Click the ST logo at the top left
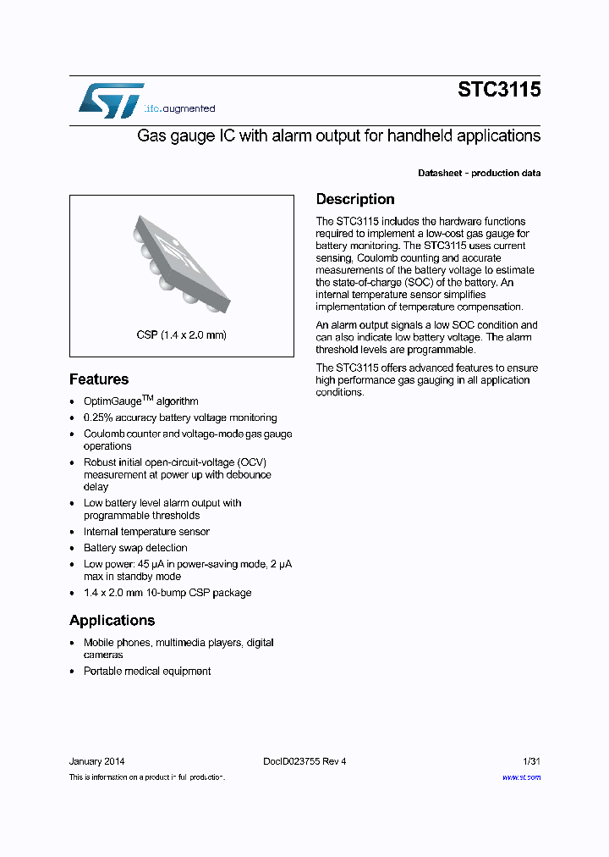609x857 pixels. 111,101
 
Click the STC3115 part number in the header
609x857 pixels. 499,90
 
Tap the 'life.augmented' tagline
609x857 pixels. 178,108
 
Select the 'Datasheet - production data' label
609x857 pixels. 479,173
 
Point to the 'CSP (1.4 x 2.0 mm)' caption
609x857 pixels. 181,335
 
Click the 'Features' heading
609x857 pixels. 99,379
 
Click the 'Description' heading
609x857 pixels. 355,199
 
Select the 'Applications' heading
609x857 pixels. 112,620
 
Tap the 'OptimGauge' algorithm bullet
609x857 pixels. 140,401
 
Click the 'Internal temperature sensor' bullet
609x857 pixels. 146,532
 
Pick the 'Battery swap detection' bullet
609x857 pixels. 135,548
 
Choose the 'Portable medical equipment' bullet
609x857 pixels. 147,671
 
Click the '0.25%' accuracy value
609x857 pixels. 97,417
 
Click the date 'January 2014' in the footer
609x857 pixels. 96,761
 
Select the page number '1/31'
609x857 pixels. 530,761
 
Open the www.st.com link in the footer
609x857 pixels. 521,777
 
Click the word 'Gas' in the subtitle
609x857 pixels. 151,135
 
